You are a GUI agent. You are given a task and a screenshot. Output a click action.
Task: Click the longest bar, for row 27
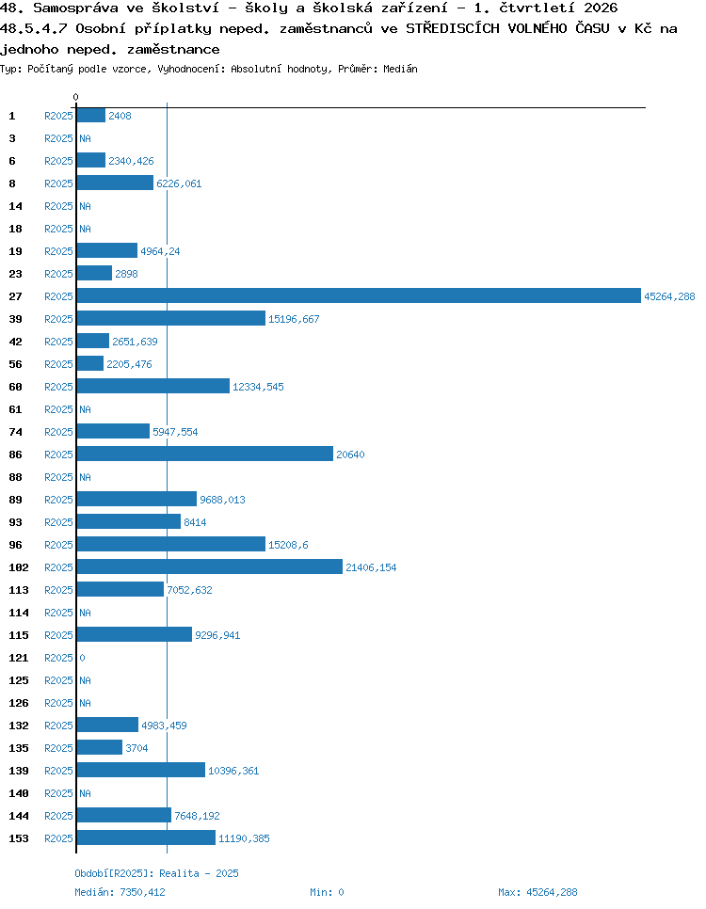[359, 295]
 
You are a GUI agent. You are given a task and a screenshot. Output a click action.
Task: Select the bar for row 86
[205, 454]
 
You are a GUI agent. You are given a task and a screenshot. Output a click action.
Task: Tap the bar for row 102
[209, 567]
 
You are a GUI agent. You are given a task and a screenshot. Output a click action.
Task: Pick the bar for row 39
[171, 318]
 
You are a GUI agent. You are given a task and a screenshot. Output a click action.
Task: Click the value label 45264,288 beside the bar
[669, 296]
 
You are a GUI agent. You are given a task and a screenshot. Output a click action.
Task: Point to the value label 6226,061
[179, 183]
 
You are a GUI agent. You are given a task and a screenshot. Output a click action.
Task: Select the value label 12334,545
[258, 387]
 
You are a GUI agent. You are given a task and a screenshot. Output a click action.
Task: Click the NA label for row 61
[86, 409]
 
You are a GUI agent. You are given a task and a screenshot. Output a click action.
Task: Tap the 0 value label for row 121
[83, 658]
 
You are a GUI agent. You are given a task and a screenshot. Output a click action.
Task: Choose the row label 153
[19, 838]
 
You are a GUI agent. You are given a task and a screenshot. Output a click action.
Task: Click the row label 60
[16, 387]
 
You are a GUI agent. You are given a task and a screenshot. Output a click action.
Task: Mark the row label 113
[19, 590]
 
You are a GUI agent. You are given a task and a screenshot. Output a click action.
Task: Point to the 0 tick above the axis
[76, 97]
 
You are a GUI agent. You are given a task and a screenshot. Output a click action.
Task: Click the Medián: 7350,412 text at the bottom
[120, 892]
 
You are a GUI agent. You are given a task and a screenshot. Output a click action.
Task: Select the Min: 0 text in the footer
[328, 892]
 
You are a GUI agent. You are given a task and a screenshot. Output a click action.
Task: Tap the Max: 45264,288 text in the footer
[538, 892]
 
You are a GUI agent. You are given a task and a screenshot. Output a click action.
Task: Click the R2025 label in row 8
[58, 183]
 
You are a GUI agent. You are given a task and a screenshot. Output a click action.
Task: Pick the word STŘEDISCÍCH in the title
[453, 28]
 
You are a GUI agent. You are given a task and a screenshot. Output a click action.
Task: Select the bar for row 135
[99, 747]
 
